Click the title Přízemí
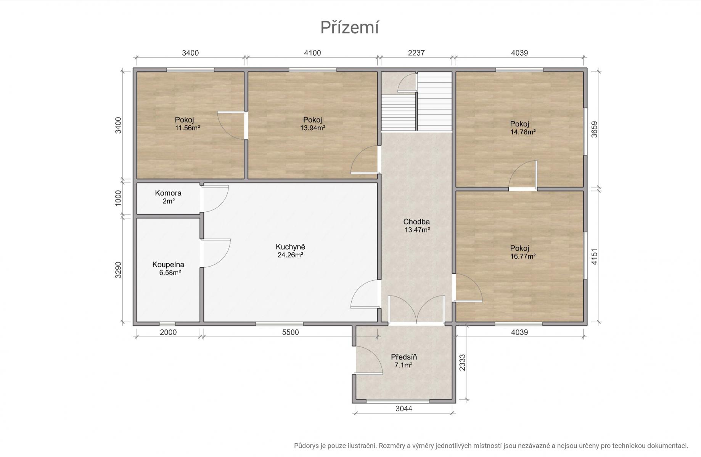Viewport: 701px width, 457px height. point(349,27)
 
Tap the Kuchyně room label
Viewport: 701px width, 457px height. point(291,247)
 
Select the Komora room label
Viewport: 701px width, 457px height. point(168,193)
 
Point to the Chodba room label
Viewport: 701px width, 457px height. point(416,222)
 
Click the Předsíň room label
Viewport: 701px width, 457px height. point(404,357)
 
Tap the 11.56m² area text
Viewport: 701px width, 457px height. point(188,128)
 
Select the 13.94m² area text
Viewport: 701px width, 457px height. point(313,128)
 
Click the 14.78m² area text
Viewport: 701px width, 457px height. point(523,132)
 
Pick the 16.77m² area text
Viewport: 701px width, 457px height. point(523,256)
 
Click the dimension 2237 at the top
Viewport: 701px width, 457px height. point(416,53)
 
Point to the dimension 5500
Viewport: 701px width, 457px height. point(291,332)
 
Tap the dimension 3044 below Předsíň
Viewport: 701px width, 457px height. point(404,409)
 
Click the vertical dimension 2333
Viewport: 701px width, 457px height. point(462,363)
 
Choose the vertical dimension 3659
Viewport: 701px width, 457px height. point(594,129)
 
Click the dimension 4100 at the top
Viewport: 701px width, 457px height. point(313,53)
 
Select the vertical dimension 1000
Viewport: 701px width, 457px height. point(118,198)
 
